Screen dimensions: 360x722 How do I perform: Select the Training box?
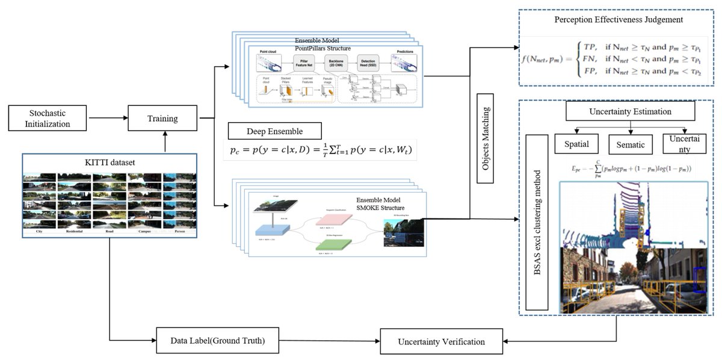(162, 119)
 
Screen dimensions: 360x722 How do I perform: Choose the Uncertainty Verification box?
(441, 341)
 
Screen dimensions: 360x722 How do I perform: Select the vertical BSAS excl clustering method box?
(536, 223)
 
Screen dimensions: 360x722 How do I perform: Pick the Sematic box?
(630, 145)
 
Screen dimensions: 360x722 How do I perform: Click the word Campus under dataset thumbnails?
(142, 231)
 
